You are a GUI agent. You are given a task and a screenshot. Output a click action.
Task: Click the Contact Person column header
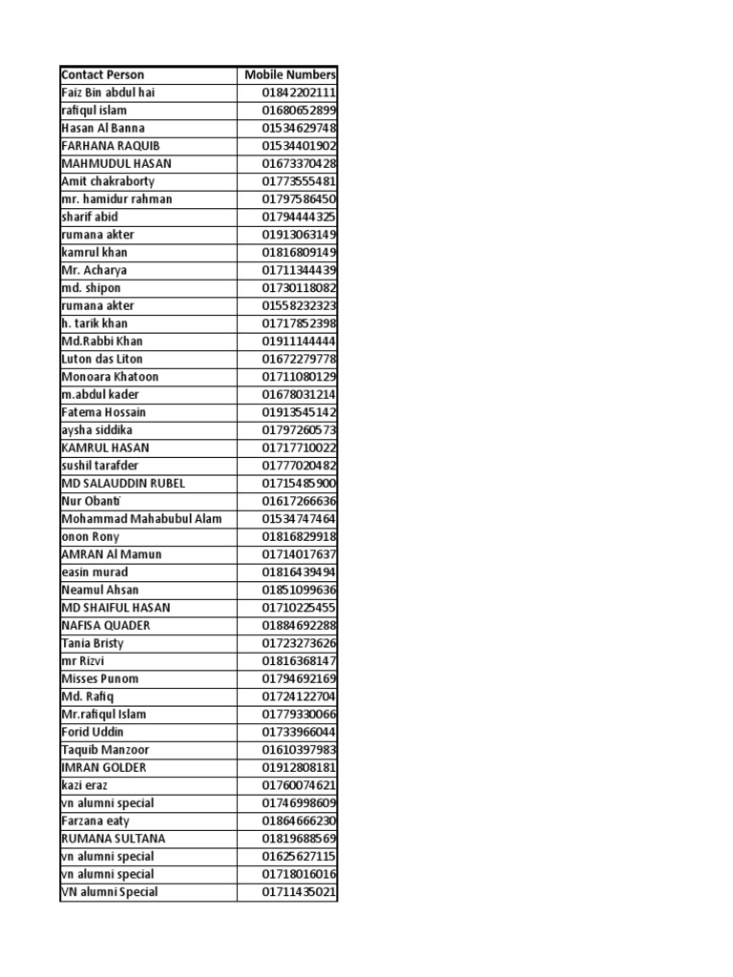103,74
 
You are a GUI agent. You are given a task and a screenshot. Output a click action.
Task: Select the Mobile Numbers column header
290,74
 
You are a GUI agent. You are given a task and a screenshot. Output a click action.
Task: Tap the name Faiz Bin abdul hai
108,93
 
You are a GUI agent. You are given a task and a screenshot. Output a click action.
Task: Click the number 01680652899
300,111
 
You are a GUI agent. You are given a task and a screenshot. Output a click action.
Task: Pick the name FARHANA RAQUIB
111,146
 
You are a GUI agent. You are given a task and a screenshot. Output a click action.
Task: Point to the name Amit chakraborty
108,181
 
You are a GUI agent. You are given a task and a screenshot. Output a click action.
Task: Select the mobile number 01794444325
300,217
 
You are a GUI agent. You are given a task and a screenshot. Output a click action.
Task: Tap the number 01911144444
300,341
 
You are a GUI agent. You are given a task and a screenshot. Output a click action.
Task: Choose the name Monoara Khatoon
110,377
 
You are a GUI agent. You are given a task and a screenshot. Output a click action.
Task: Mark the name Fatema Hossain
104,412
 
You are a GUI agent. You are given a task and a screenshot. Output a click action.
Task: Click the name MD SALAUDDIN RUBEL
123,483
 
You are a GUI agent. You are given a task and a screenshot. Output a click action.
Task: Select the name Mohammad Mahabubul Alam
141,519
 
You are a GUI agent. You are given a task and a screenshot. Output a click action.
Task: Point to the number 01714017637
300,554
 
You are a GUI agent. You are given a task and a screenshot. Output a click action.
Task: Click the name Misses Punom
99,678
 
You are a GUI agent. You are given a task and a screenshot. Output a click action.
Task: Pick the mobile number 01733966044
300,732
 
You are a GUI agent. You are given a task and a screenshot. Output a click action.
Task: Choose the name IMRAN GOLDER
104,767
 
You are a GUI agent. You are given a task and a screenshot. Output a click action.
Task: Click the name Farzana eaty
95,821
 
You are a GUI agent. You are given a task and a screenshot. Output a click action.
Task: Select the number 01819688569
300,839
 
